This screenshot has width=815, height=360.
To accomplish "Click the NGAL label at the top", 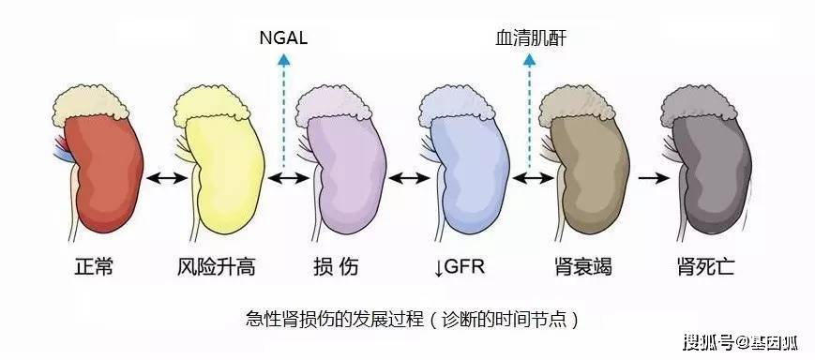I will [x=283, y=38].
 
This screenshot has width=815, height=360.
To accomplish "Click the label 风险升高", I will [x=217, y=267].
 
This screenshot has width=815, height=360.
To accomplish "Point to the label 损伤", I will [x=336, y=267].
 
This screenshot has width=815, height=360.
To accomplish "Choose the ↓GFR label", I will [x=460, y=267].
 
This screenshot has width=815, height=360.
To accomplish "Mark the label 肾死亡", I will [x=705, y=267].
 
